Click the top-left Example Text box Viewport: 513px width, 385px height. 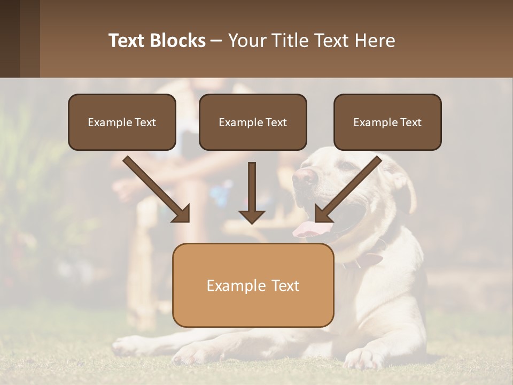[x=122, y=122]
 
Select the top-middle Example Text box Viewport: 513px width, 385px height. [x=253, y=122]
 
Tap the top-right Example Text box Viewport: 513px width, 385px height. [x=387, y=122]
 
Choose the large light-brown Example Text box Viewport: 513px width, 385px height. [x=253, y=285]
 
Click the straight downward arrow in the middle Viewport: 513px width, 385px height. [x=252, y=192]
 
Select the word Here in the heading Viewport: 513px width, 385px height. [x=376, y=41]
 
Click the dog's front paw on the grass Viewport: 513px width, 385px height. [x=363, y=358]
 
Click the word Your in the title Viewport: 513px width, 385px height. [x=246, y=41]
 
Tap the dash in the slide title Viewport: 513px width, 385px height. [x=216, y=41]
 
